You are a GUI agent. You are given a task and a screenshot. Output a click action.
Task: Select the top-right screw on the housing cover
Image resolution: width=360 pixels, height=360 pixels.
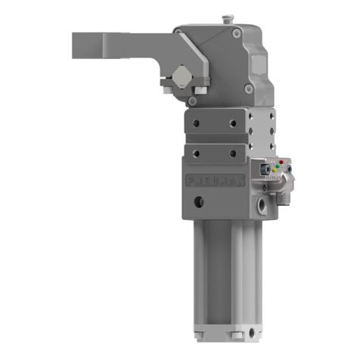click(238, 34)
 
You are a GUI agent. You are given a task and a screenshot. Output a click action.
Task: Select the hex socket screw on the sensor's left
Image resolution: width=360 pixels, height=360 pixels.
click(261, 175)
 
